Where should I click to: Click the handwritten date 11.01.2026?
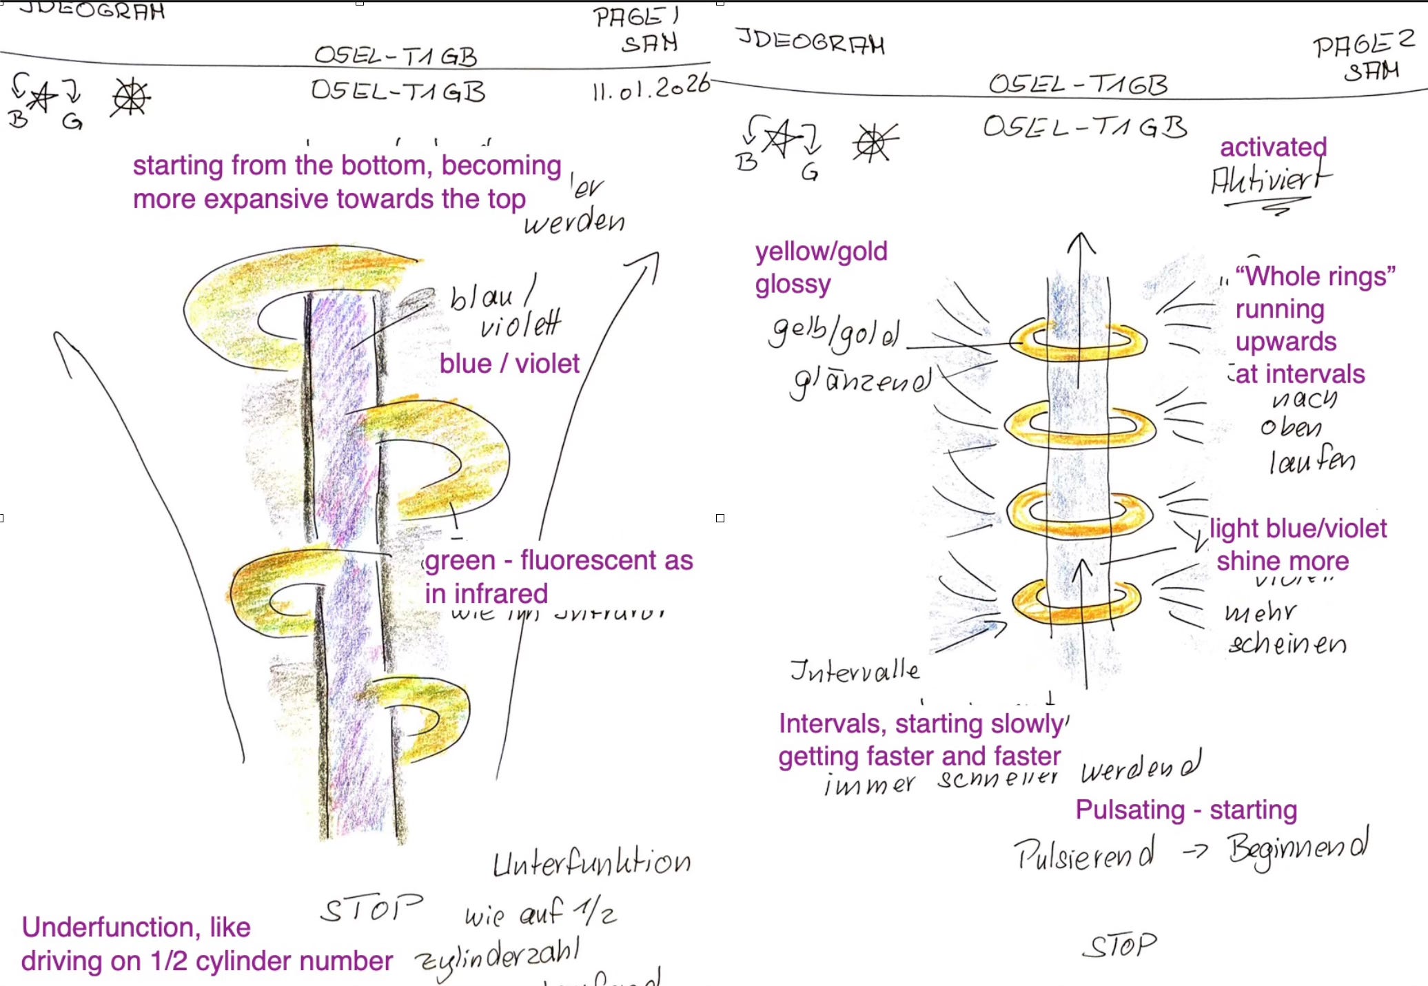coord(651,88)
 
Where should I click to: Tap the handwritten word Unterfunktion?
coord(591,863)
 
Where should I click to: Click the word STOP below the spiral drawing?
coord(371,909)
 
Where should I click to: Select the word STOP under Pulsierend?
coord(1120,945)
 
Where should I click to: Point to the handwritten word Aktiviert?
coord(1270,181)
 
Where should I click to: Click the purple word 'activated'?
coord(1273,147)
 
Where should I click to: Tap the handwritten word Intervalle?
coord(855,670)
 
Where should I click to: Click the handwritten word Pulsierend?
coord(1083,855)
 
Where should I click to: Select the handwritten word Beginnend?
coord(1298,850)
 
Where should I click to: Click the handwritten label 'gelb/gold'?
coord(835,333)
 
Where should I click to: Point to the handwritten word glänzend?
coord(861,381)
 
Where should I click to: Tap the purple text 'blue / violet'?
coord(509,363)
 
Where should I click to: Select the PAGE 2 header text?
coord(1363,45)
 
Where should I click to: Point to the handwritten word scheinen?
coord(1287,644)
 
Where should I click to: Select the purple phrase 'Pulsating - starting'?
coord(1186,810)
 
